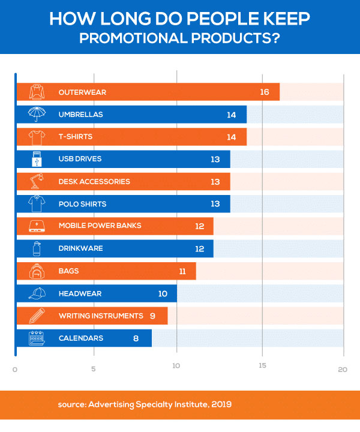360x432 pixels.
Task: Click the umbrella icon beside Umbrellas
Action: point(37,114)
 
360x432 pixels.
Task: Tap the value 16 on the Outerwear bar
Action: point(265,92)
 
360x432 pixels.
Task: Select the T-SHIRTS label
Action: point(76,137)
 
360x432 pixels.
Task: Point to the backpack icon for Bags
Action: point(37,271)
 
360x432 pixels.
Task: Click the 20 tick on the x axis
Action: point(343,370)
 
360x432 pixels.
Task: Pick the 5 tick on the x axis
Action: point(94,370)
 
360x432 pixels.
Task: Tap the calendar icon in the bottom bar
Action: point(37,338)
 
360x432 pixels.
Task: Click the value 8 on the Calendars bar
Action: point(136,338)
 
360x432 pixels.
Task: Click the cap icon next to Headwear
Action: point(37,293)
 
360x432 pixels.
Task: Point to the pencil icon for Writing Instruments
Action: point(37,316)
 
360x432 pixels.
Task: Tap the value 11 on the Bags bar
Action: point(182,271)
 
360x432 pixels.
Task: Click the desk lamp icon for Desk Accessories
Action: point(37,181)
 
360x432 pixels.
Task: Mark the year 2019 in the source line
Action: point(220,405)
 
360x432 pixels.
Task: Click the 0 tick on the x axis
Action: point(14,370)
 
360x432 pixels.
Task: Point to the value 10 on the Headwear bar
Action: point(162,293)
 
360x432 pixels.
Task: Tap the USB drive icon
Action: point(37,159)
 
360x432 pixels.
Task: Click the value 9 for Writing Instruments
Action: point(152,316)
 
